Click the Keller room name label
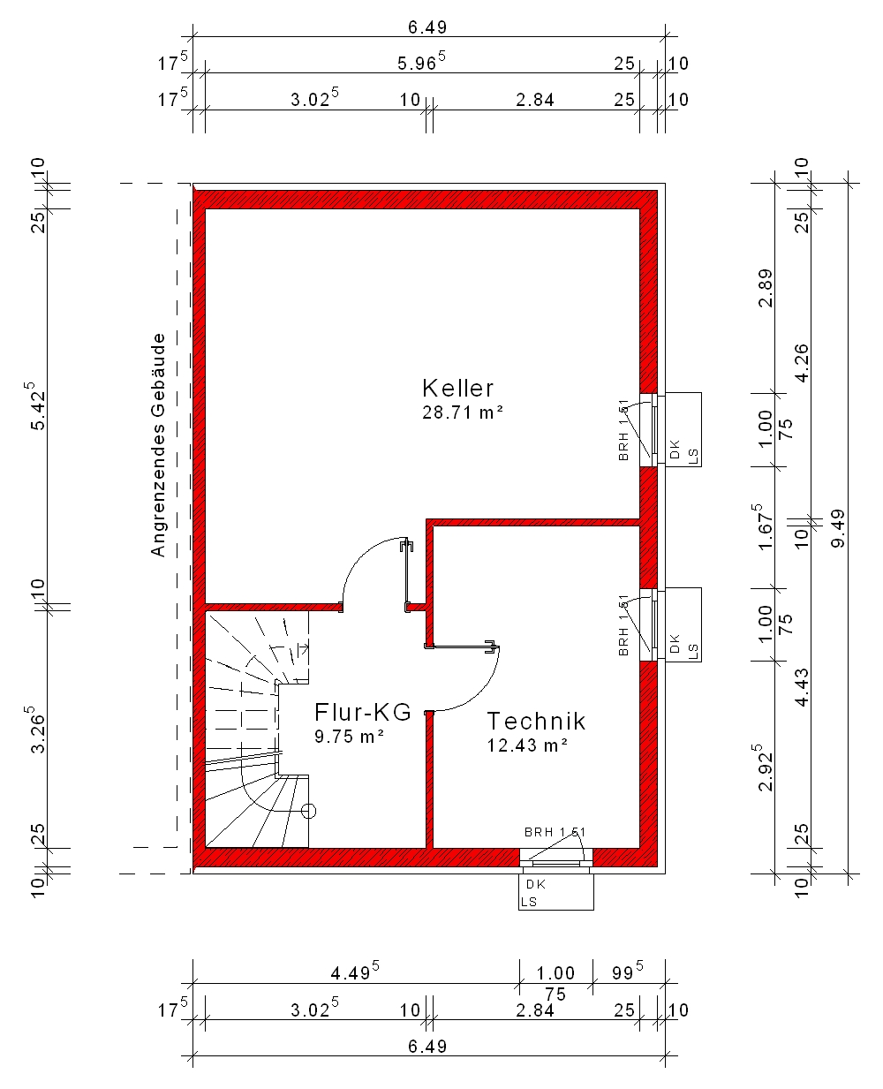tap(457, 389)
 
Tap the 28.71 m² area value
tap(463, 412)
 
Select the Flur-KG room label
tap(362, 712)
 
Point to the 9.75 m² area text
tap(349, 737)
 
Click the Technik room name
tap(536, 722)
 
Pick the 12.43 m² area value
tap(527, 745)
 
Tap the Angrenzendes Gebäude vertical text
tap(158, 445)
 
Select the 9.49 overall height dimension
tap(838, 529)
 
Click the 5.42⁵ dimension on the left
tap(37, 405)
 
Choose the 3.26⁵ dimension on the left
tap(37, 730)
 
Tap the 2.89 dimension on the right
tap(766, 288)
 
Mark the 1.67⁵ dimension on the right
tap(764, 527)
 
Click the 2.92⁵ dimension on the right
tap(764, 768)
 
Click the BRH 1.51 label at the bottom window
tap(555, 832)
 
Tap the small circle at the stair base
tap(309, 811)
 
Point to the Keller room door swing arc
tap(362, 555)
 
